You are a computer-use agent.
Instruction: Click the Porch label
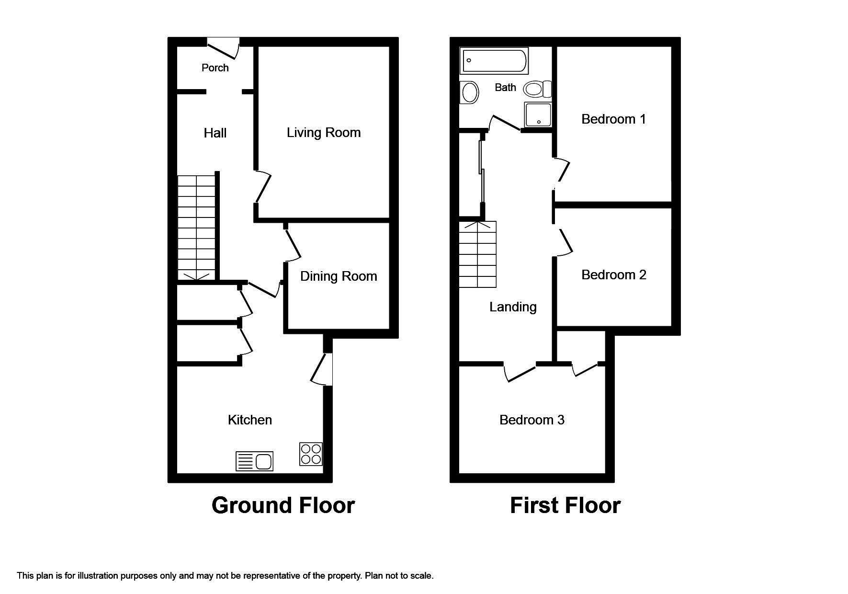pyautogui.click(x=215, y=68)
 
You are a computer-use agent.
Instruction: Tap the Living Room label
pyautogui.click(x=324, y=133)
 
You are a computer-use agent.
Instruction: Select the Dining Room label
pyautogui.click(x=339, y=276)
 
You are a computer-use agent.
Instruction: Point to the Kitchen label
pyautogui.click(x=249, y=420)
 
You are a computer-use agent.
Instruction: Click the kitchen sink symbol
pyautogui.click(x=255, y=461)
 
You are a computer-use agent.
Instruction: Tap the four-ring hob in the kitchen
pyautogui.click(x=311, y=454)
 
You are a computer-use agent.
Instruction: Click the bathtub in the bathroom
pyautogui.click(x=494, y=60)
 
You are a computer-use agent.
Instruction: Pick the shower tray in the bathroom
pyautogui.click(x=538, y=114)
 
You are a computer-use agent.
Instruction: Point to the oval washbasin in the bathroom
pyautogui.click(x=469, y=92)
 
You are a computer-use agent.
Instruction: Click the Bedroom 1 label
pyautogui.click(x=613, y=119)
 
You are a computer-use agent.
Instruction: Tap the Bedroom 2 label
pyautogui.click(x=613, y=275)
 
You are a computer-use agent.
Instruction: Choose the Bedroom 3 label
pyautogui.click(x=531, y=420)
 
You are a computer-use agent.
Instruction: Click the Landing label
pyautogui.click(x=513, y=307)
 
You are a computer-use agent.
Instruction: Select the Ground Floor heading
pyautogui.click(x=283, y=505)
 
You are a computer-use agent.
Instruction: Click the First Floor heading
pyautogui.click(x=565, y=505)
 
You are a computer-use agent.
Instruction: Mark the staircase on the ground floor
pyautogui.click(x=196, y=228)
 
